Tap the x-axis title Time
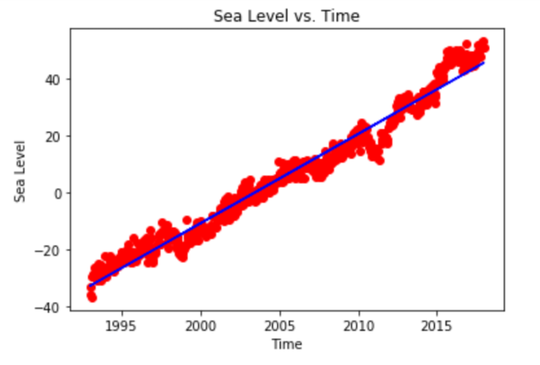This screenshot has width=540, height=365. point(286,345)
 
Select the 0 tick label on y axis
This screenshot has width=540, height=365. point(59,193)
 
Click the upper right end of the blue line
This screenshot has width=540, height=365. point(484,63)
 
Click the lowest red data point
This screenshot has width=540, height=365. point(92,298)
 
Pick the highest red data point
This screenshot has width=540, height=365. point(483,42)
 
